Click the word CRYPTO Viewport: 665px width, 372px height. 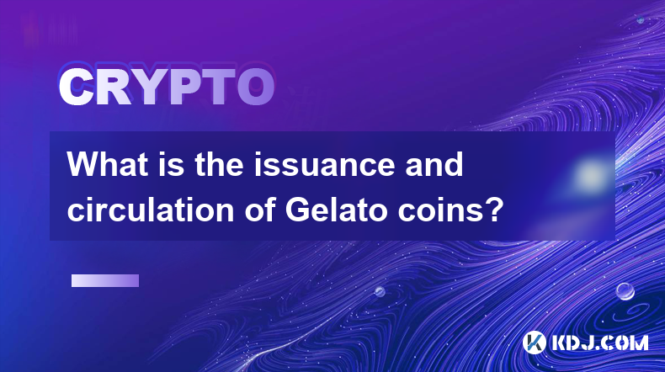click(167, 88)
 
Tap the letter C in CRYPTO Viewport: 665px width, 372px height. click(76, 88)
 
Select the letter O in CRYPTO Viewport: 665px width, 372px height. click(256, 88)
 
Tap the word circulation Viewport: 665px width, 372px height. click(151, 210)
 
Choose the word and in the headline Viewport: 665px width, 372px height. click(434, 164)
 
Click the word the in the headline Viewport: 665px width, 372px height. click(219, 164)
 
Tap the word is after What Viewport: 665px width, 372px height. click(173, 164)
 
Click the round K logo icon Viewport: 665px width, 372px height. click(534, 343)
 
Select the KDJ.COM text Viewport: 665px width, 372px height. click(600, 343)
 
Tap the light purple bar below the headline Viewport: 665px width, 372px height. click(105, 281)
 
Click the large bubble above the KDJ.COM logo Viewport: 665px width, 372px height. click(625, 291)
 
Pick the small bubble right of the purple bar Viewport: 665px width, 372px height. click(380, 291)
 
